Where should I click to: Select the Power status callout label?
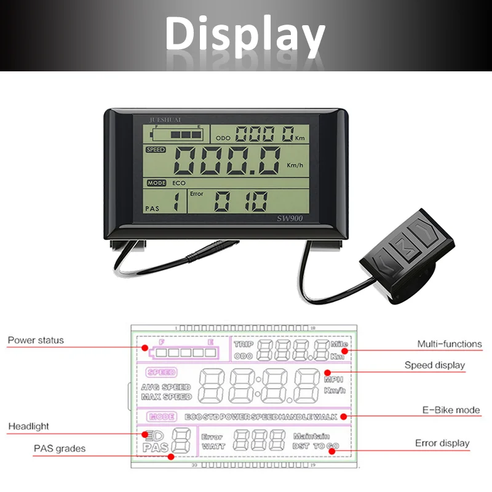coord(36,340)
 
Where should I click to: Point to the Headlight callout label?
coord(28,426)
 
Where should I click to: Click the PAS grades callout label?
coord(60,448)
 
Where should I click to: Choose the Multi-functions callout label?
coord(450,344)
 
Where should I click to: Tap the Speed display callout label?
coord(434,365)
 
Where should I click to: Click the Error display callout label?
coord(442,443)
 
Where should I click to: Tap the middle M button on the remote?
coord(404,245)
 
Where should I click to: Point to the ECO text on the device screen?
coord(179,183)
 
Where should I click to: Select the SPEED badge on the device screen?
coord(156,149)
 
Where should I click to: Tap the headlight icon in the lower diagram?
coord(149,434)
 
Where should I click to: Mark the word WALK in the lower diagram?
coord(325,417)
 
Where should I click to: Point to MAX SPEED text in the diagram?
coord(166,397)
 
